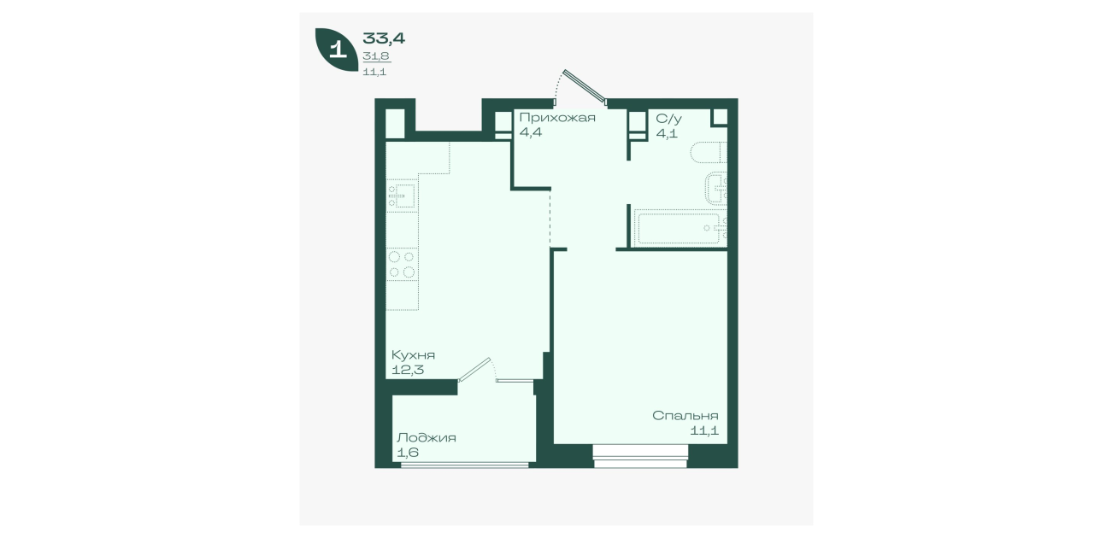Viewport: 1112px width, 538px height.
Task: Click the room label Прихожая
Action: coord(557,118)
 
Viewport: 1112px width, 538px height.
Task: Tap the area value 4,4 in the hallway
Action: coord(530,133)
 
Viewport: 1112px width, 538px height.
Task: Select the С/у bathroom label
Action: coord(668,119)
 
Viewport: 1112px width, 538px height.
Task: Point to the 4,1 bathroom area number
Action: coord(667,133)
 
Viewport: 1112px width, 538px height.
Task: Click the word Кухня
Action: coord(413,355)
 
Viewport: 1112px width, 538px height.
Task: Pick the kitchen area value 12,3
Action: coord(408,370)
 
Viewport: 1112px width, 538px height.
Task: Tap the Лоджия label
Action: coord(427,438)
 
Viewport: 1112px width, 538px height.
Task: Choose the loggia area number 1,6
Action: coord(408,453)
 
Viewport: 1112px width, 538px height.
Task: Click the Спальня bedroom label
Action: coord(685,416)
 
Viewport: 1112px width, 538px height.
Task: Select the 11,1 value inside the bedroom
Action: coord(704,430)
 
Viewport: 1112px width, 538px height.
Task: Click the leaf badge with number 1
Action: coord(337,49)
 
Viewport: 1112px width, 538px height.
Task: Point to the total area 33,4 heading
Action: coord(384,38)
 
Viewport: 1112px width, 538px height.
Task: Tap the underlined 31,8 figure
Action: coord(376,56)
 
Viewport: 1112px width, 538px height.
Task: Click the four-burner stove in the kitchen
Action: coord(402,264)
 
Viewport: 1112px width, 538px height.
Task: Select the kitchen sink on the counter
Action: coord(402,196)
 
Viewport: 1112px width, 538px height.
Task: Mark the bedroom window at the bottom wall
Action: coord(640,456)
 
